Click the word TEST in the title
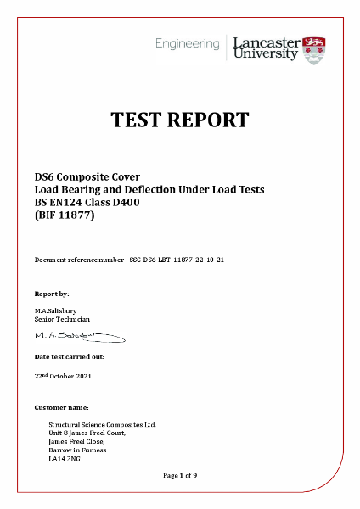[x=140, y=120]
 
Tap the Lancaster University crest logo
[x=315, y=48]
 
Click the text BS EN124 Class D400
[x=89, y=204]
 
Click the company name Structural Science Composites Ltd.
[x=103, y=425]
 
